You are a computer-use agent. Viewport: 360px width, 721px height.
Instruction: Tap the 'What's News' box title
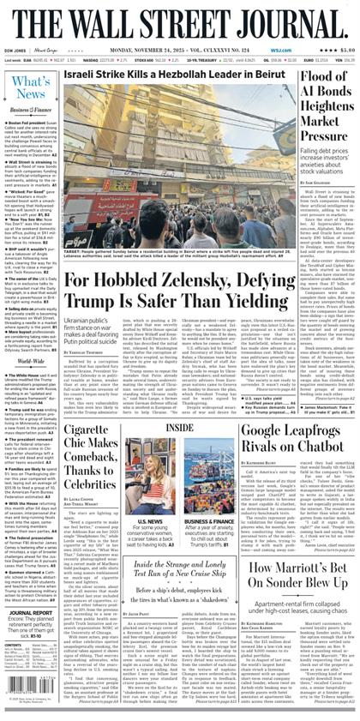[x=29, y=86]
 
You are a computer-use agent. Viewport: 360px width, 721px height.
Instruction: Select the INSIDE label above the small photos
[x=179, y=426]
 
